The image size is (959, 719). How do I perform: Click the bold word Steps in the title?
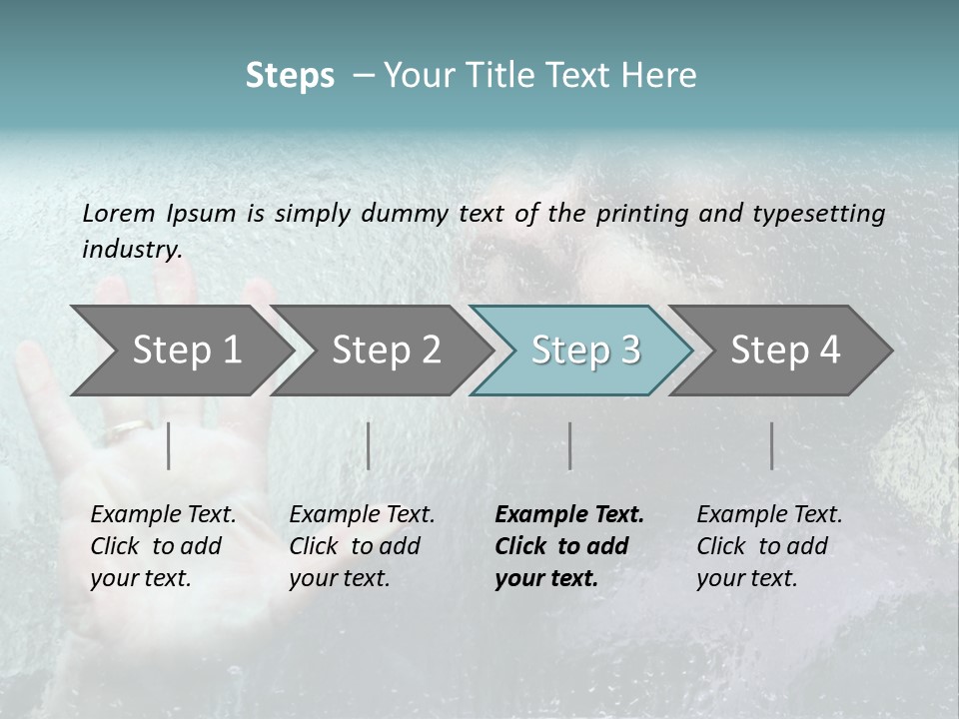[290, 76]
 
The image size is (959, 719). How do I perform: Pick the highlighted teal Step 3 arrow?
[584, 351]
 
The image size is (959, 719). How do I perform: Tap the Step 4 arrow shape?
[785, 351]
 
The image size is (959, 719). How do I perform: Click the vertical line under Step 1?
[169, 445]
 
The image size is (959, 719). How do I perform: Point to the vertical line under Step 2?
[369, 445]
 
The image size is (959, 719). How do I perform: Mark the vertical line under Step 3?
[569, 445]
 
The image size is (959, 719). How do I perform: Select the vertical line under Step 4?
[772, 445]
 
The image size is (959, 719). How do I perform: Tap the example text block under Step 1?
[163, 546]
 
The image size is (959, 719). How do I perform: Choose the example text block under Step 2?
[362, 546]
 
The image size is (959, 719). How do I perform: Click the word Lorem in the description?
[119, 214]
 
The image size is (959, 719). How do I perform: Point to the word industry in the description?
[132, 250]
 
